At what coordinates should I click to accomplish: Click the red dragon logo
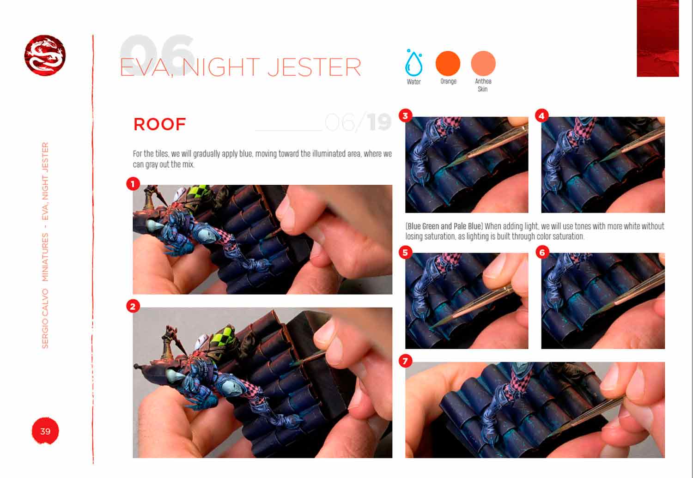coord(45,55)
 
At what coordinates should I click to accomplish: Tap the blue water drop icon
coord(413,63)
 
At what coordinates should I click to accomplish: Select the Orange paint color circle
coord(448,63)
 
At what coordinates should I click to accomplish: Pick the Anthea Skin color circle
coord(483,63)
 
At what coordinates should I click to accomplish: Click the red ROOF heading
coord(160,124)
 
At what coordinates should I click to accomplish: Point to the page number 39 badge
coord(45,431)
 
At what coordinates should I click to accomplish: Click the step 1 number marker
coord(133,184)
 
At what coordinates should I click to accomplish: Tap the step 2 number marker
coord(133,306)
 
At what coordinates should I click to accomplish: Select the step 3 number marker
coord(405,115)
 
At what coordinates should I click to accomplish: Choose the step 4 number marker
coord(542,115)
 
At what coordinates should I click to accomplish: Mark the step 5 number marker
coord(405,252)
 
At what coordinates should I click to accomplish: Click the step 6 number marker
coord(542,252)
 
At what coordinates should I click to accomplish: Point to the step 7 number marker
coord(405,361)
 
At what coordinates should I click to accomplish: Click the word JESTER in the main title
coord(314,67)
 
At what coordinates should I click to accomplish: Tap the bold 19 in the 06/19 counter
coord(379,122)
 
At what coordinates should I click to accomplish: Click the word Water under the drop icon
coord(413,82)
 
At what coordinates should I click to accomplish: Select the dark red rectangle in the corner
coord(658,38)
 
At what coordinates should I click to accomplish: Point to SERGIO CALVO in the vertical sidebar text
coord(45,319)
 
